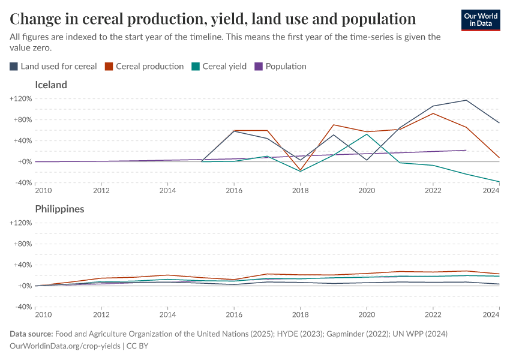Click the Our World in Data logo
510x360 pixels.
[480, 20]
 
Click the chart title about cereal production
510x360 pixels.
[213, 19]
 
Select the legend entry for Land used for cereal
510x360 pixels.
[53, 67]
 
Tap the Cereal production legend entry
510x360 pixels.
[145, 67]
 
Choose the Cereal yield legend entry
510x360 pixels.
[219, 67]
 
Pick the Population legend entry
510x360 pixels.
[281, 67]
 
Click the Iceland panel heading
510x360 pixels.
[51, 85]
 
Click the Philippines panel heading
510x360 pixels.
[59, 209]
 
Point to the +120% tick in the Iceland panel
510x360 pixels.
[20, 98]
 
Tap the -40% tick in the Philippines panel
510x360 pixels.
[22, 307]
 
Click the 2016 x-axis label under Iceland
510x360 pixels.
[234, 191]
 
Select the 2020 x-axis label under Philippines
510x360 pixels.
[367, 315]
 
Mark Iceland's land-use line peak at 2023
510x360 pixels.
[466, 100]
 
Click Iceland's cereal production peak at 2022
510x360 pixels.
[433, 113]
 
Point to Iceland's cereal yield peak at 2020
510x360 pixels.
[367, 134]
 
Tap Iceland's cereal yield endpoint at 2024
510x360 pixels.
[499, 182]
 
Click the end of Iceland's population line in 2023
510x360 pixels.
[466, 150]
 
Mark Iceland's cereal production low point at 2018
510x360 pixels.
[301, 170]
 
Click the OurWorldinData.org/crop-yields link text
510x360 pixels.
[65, 346]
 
